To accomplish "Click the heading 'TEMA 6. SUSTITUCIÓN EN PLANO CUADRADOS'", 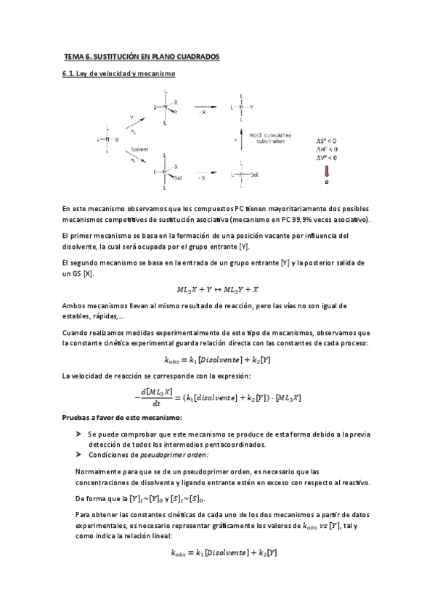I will [x=141, y=56].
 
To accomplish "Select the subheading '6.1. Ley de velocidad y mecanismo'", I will [x=118, y=74].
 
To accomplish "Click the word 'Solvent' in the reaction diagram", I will [x=139, y=147].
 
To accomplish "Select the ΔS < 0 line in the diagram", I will [x=325, y=139].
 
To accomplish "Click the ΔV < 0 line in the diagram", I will [x=325, y=157].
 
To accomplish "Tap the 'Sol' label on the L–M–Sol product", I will [x=254, y=175].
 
